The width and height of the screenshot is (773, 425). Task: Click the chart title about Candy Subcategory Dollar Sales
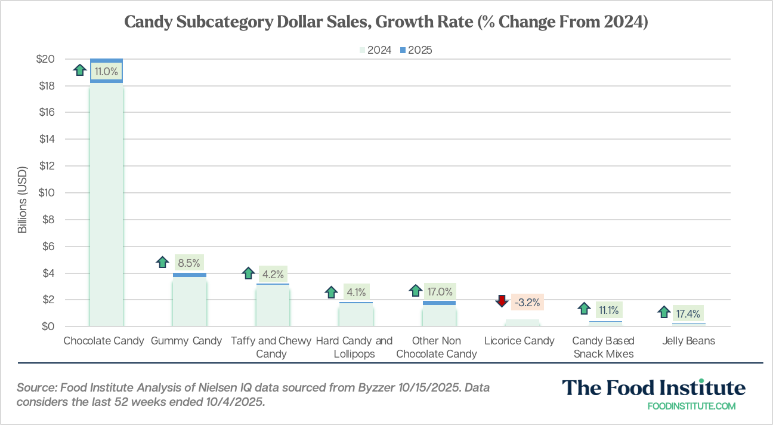(386, 23)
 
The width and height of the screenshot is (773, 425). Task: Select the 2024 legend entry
(375, 50)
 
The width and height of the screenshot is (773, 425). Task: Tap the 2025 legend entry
(416, 50)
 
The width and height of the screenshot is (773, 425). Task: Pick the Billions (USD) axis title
(22, 193)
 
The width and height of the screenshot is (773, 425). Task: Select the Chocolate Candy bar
(106, 203)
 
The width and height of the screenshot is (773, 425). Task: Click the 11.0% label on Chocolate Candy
(107, 72)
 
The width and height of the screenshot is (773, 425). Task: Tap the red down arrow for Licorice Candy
(502, 301)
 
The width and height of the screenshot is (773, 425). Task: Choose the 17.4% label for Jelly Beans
(688, 313)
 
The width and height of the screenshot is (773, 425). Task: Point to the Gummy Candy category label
(186, 341)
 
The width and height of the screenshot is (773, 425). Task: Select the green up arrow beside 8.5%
(162, 261)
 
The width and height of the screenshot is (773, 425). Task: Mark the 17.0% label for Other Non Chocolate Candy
(440, 292)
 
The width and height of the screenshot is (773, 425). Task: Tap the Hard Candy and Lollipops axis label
(354, 347)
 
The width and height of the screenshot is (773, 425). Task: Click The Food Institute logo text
(653, 388)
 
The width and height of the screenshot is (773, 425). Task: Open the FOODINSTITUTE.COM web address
(691, 406)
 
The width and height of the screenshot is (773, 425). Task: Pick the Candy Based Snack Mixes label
(603, 347)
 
